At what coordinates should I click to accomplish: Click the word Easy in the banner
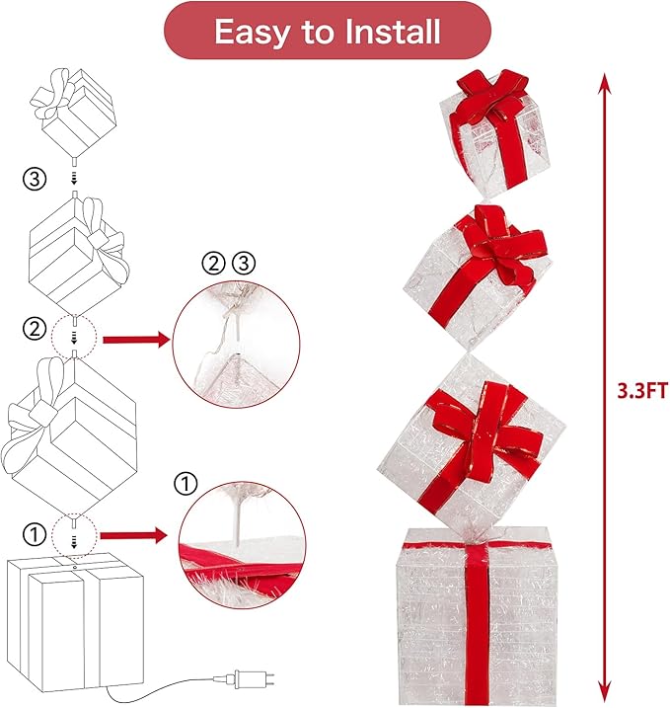(252, 33)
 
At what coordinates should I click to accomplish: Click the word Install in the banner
(392, 32)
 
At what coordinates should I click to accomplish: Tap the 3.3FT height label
(642, 391)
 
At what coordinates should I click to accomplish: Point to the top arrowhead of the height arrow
(604, 82)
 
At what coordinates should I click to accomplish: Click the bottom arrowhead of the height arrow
(604, 692)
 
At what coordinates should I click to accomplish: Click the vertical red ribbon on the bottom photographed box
(478, 623)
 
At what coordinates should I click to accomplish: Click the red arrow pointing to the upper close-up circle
(137, 339)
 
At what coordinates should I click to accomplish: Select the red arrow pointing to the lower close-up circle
(133, 536)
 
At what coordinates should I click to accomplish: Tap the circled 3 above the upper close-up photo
(244, 263)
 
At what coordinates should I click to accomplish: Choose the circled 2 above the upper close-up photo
(213, 264)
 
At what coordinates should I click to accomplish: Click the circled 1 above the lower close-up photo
(186, 484)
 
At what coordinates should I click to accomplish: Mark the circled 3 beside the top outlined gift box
(35, 179)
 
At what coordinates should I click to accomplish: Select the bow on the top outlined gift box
(53, 95)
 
